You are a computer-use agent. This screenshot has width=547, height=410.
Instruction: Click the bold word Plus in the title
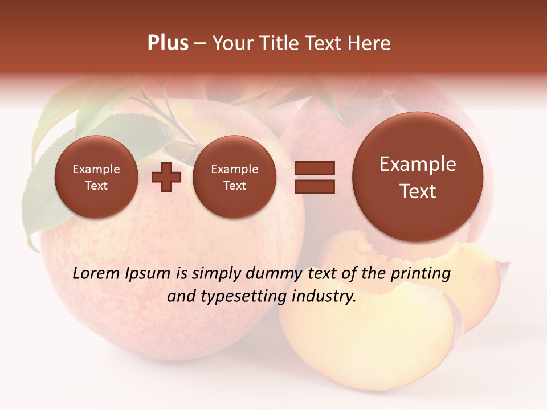(x=168, y=43)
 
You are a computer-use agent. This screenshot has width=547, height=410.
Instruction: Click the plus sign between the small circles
(x=166, y=177)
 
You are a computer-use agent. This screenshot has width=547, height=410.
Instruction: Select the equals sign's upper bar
(x=315, y=168)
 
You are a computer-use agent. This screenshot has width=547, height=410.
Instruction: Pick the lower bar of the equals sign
(x=315, y=186)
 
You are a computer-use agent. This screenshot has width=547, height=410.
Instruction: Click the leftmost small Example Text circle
(x=96, y=177)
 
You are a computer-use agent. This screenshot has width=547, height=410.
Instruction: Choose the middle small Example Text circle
(x=234, y=177)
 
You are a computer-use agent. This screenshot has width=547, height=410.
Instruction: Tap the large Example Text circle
(x=418, y=177)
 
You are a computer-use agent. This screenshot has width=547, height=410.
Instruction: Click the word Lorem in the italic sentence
(x=96, y=273)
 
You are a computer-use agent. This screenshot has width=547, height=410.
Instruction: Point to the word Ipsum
(x=148, y=274)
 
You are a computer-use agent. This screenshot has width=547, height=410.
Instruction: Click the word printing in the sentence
(x=421, y=274)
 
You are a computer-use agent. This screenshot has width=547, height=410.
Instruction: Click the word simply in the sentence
(x=217, y=274)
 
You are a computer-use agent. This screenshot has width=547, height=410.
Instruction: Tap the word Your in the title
(x=234, y=43)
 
